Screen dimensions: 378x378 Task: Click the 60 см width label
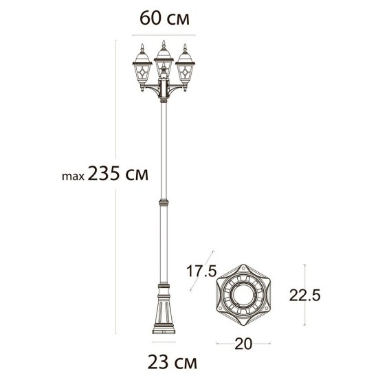point(164,19)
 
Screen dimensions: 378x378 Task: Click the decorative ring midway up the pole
point(164,203)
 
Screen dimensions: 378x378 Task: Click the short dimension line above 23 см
point(164,342)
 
